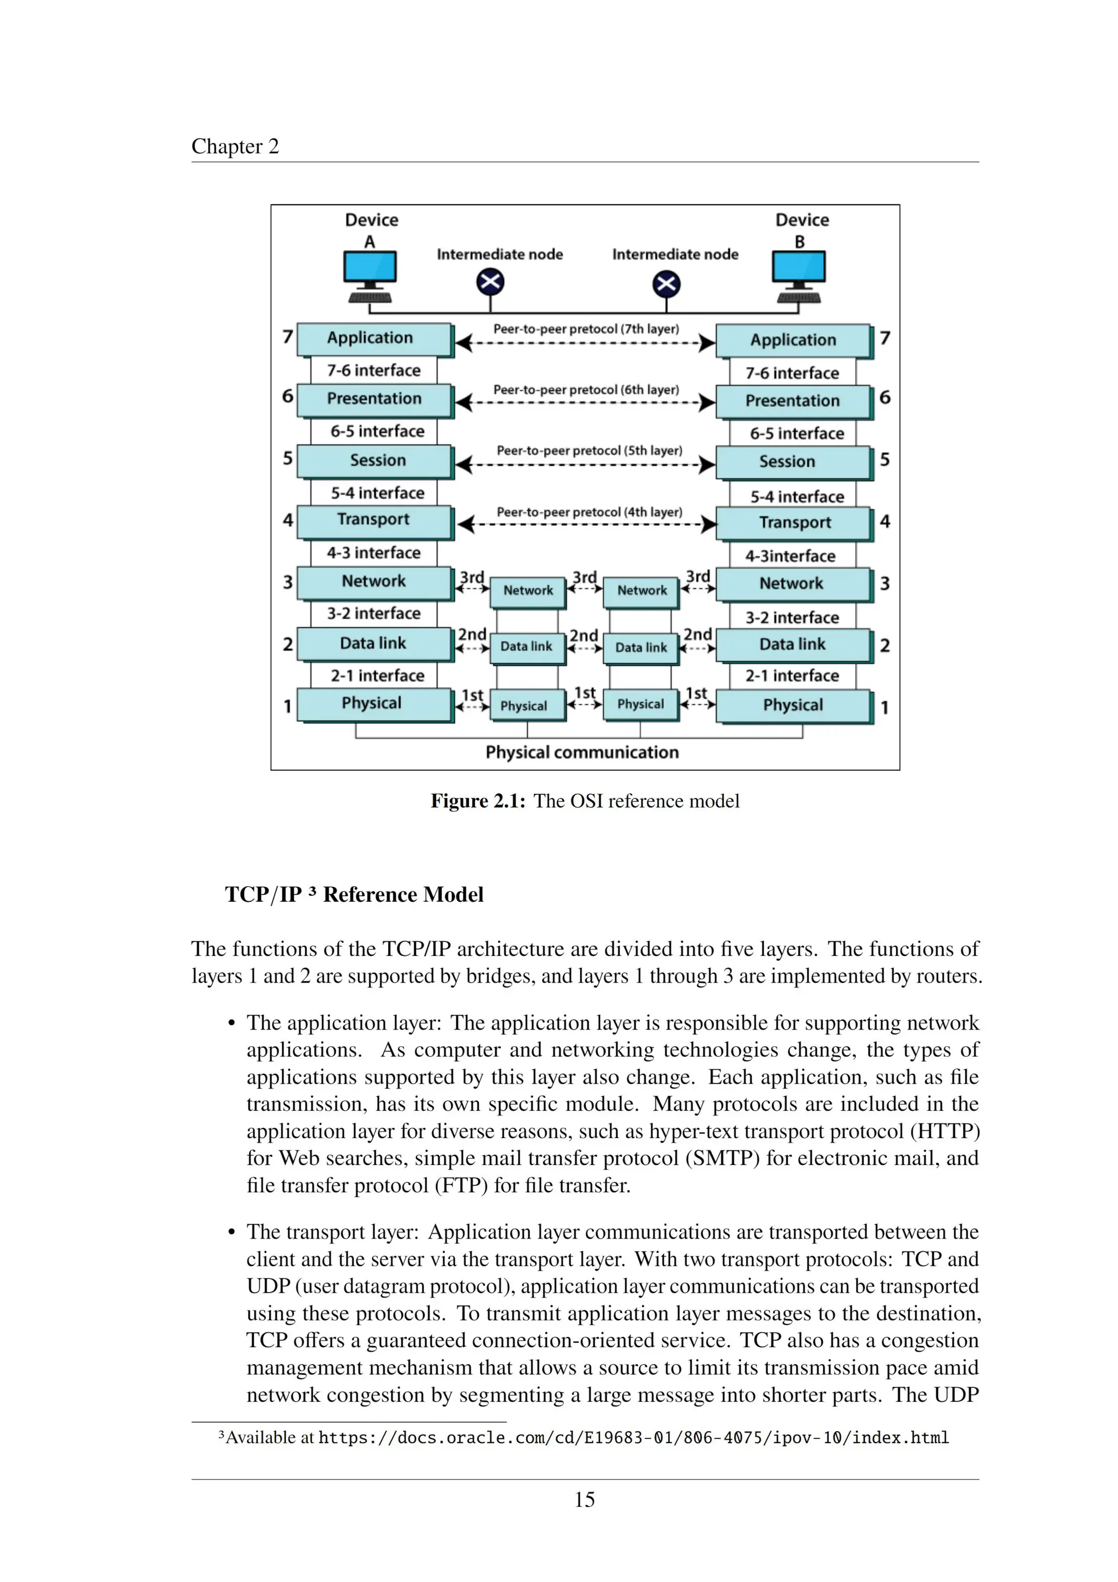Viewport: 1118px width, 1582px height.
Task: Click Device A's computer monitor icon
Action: pyautogui.click(x=370, y=268)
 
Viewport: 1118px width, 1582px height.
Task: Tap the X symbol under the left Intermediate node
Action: pyautogui.click(x=490, y=282)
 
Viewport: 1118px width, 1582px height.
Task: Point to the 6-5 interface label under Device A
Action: pyautogui.click(x=377, y=431)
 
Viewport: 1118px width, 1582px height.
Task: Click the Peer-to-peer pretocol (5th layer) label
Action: pyautogui.click(x=589, y=450)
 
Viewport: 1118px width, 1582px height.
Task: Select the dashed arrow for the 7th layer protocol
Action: pyautogui.click(x=586, y=342)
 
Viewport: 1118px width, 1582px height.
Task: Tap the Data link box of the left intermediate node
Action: pyautogui.click(x=527, y=647)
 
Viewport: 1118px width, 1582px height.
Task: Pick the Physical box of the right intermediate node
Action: pyautogui.click(x=641, y=704)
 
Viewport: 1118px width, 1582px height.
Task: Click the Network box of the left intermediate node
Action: pyautogui.click(x=528, y=591)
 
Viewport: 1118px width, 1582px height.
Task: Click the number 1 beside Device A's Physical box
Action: pyautogui.click(x=287, y=706)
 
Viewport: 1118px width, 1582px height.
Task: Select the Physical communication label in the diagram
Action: pyautogui.click(x=582, y=752)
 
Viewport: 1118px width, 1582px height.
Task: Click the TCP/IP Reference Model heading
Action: pyautogui.click(x=354, y=894)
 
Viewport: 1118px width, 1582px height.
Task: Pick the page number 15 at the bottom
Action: pyautogui.click(x=584, y=1500)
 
